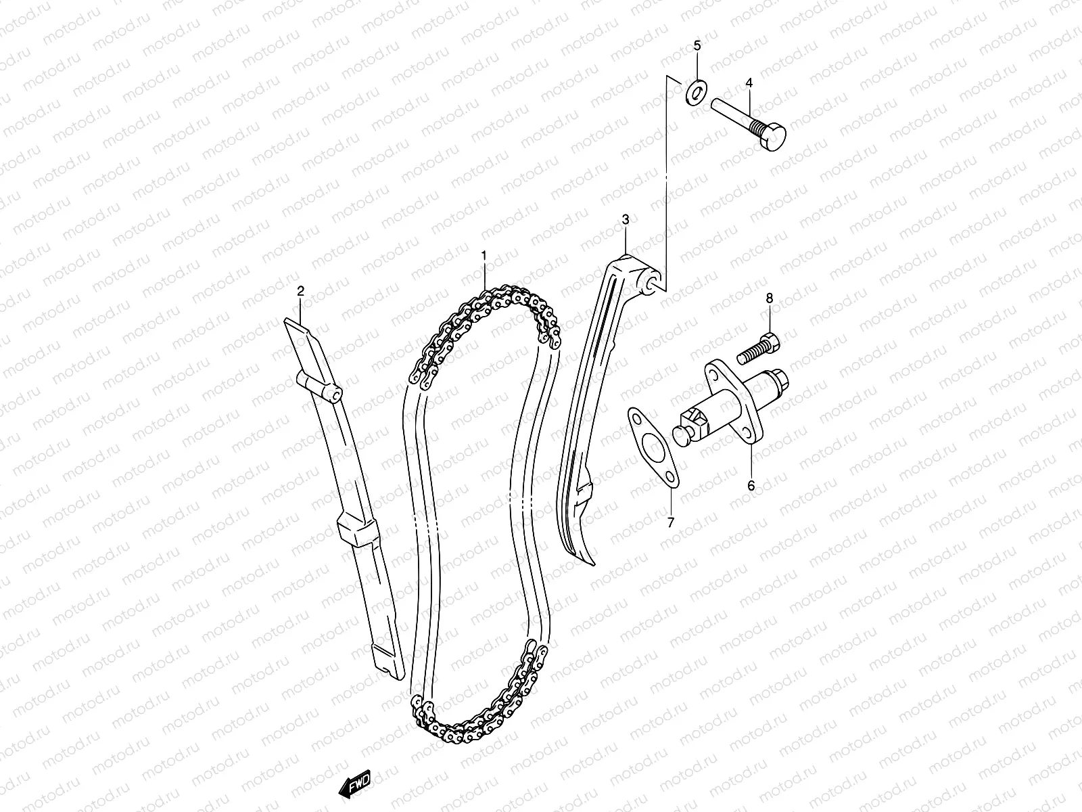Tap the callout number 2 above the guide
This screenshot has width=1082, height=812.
[x=301, y=290]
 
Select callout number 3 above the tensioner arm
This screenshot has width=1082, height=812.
[x=626, y=219]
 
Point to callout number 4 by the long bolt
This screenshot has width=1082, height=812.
[x=749, y=83]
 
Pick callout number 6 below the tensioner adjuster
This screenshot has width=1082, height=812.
[x=751, y=485]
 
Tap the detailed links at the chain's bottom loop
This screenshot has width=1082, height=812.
[x=473, y=724]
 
